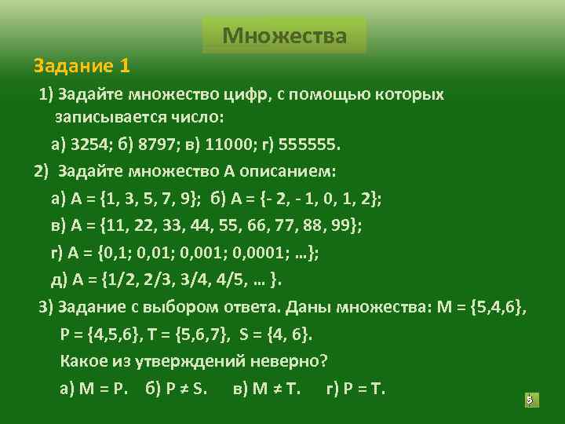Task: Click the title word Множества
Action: (284, 36)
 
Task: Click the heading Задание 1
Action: (82, 64)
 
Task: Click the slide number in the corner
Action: (529, 400)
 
